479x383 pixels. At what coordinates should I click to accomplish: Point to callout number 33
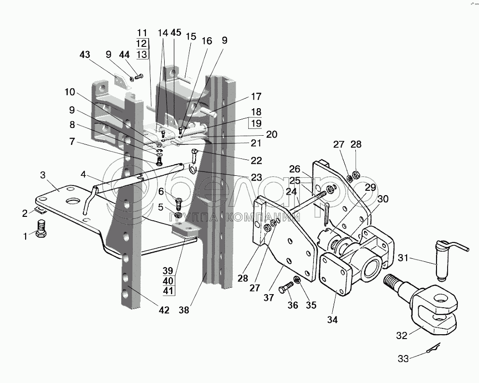pos(402,359)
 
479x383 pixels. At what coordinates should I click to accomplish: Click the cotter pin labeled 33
pos(433,350)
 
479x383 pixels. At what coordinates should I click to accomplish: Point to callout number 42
pos(164,310)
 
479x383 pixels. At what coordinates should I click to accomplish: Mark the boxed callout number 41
pos(169,290)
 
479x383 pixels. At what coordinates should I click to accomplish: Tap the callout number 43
pos(85,56)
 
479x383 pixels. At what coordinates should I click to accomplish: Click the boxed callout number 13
pos(142,54)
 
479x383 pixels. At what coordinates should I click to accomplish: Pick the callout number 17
pos(255,95)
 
